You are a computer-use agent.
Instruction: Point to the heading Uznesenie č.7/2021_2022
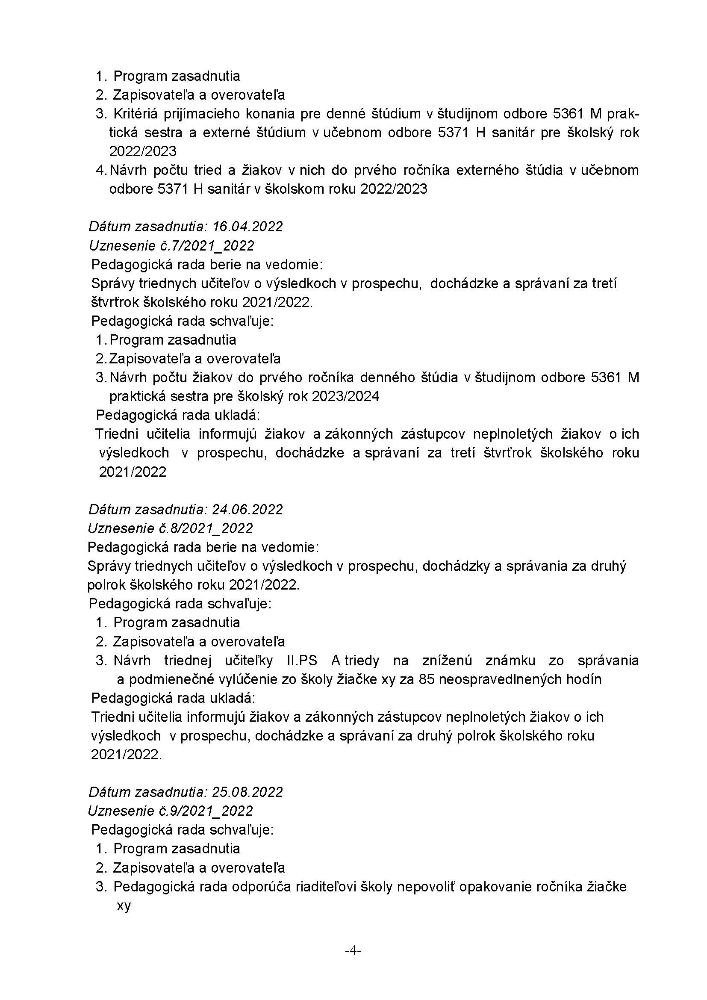pos(171,246)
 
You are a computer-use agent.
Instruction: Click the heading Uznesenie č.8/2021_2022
pos(171,528)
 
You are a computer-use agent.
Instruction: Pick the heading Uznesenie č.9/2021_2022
pos(171,811)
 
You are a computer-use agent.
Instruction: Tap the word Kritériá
pos(132,114)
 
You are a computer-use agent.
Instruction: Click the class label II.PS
pos(302,660)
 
